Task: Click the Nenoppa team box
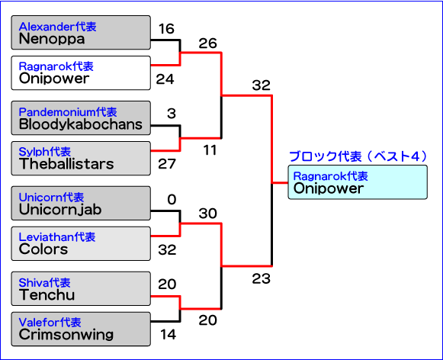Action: [x=81, y=33]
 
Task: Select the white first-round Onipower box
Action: [x=81, y=73]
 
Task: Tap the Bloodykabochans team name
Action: [x=81, y=124]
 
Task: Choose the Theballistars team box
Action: [x=81, y=159]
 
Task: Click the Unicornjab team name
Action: [x=60, y=210]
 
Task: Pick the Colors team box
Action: [x=81, y=243]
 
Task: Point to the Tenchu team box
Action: [x=81, y=288]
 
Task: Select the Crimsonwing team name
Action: [x=66, y=335]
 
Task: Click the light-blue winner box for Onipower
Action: [x=358, y=182]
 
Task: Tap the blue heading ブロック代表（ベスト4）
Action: [x=358, y=156]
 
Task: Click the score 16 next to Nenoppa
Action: [x=166, y=28]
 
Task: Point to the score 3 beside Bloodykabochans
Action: [x=172, y=114]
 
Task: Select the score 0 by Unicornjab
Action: [x=172, y=200]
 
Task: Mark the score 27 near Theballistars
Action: [x=167, y=164]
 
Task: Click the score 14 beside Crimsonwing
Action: [x=168, y=334]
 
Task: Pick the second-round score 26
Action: [x=207, y=43]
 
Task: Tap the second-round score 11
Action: [x=210, y=150]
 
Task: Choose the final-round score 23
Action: [x=261, y=278]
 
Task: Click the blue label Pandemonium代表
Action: [x=68, y=112]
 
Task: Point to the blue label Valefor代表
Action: [x=50, y=323]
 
